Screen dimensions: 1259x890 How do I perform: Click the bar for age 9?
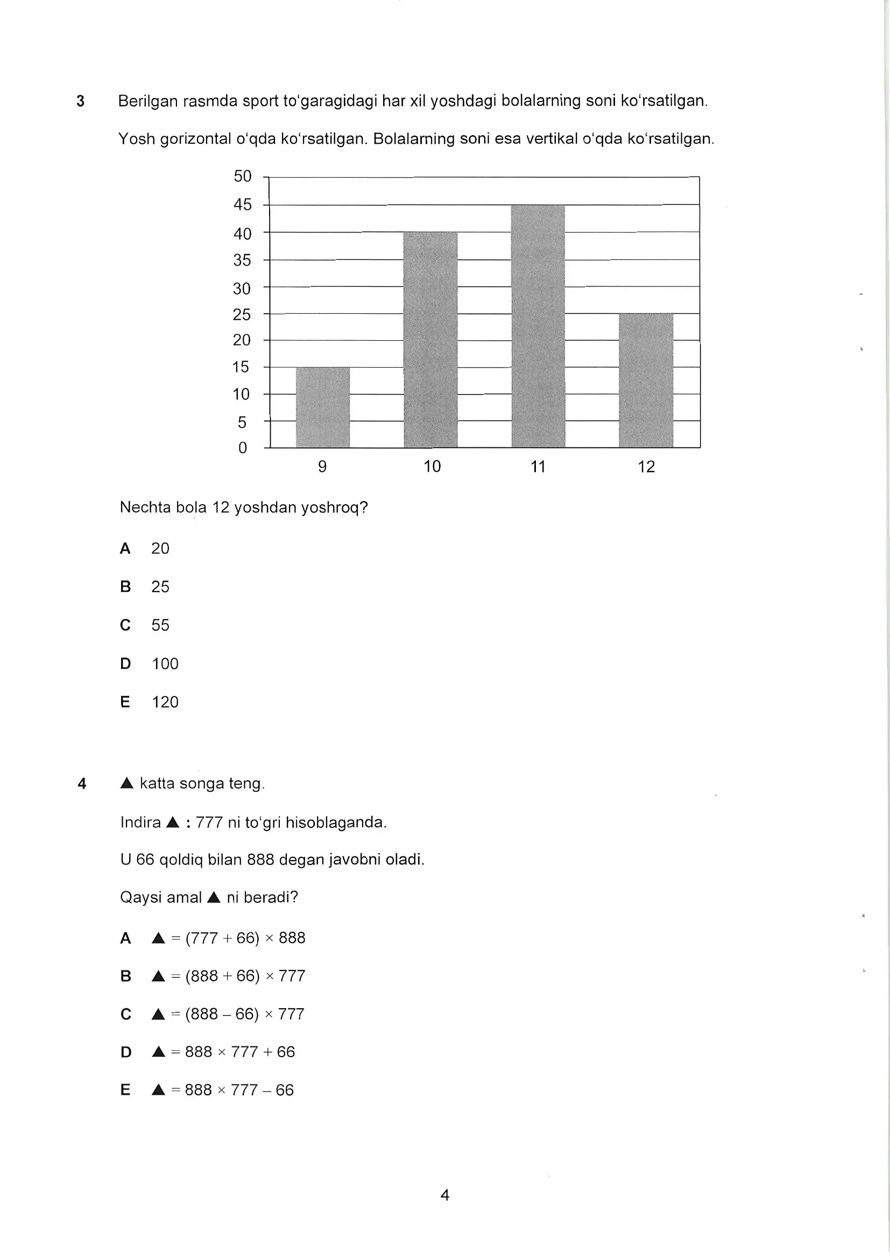click(x=323, y=407)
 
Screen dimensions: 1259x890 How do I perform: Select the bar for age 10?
click(x=430, y=340)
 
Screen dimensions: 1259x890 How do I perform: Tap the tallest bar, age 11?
click(x=538, y=326)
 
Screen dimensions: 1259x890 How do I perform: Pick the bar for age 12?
click(x=646, y=380)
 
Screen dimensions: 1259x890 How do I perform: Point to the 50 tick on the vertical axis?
click(x=242, y=177)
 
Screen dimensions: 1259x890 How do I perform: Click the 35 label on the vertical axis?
click(x=242, y=260)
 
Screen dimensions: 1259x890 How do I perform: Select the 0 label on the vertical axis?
click(x=242, y=448)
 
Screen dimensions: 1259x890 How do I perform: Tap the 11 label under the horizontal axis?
click(x=538, y=467)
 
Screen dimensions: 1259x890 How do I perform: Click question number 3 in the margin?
click(x=81, y=101)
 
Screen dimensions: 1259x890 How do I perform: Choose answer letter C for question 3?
click(x=125, y=625)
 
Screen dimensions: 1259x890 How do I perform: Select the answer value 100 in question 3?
click(x=165, y=664)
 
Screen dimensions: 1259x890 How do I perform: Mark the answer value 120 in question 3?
click(x=165, y=702)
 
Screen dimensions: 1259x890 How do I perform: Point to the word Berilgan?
click(x=148, y=101)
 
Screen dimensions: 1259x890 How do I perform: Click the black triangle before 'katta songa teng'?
click(x=126, y=783)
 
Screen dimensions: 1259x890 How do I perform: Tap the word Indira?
click(x=140, y=822)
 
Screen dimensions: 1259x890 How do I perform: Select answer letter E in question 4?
click(x=125, y=1090)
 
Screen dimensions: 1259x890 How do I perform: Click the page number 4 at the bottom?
click(x=445, y=1195)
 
